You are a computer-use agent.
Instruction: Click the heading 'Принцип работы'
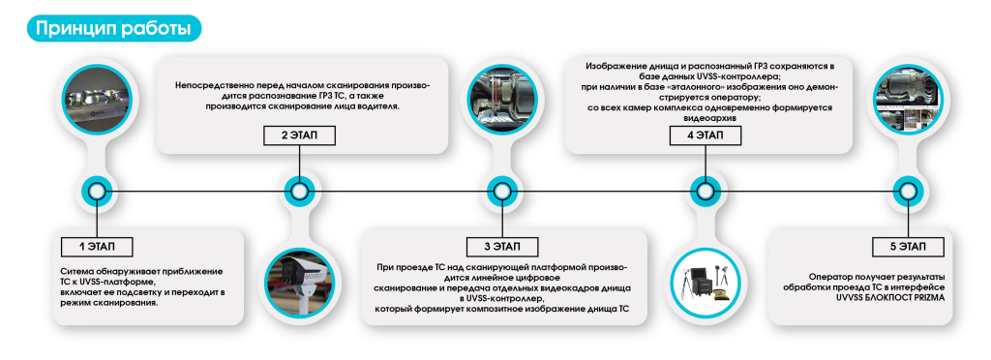(112, 28)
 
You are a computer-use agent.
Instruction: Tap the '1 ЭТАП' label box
(95, 246)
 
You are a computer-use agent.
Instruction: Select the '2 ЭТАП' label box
(300, 135)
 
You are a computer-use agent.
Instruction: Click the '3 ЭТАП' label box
(499, 246)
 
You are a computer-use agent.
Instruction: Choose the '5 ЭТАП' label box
(904, 246)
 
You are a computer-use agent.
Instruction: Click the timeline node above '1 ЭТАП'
(95, 191)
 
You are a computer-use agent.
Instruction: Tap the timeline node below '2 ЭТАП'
(300, 191)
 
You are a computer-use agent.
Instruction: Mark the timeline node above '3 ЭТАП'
(499, 191)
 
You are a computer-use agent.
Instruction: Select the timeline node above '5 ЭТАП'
(904, 191)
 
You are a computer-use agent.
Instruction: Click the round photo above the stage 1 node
(95, 100)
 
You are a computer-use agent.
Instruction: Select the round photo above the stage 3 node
(499, 100)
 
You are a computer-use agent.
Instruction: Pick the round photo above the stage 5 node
(904, 100)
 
